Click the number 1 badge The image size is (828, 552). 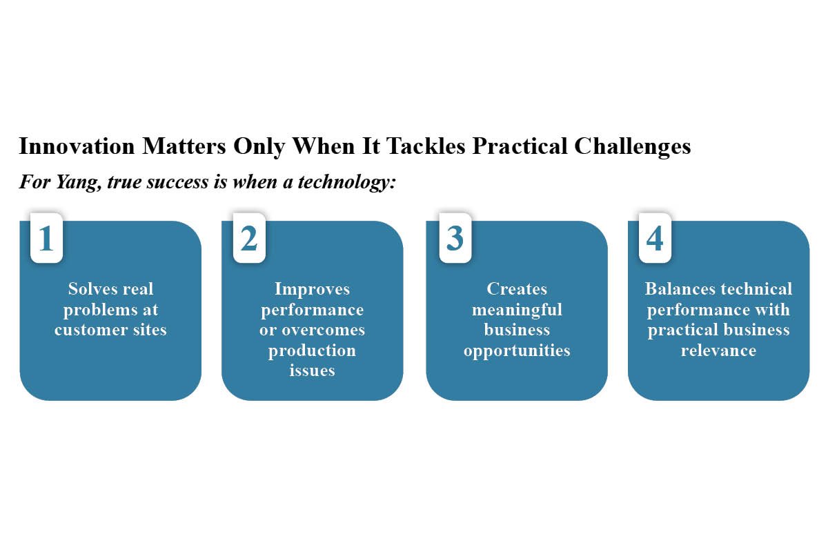[46, 238]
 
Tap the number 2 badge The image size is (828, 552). [249, 238]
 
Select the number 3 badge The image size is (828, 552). [455, 238]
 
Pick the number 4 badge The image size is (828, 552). [655, 238]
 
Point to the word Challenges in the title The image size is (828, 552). [633, 146]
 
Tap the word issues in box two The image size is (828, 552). [312, 371]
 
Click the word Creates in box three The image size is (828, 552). [517, 288]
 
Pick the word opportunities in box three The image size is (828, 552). [517, 351]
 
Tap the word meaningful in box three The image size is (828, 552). [517, 309]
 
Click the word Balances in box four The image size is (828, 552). [674, 288]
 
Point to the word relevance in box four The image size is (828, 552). [718, 351]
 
